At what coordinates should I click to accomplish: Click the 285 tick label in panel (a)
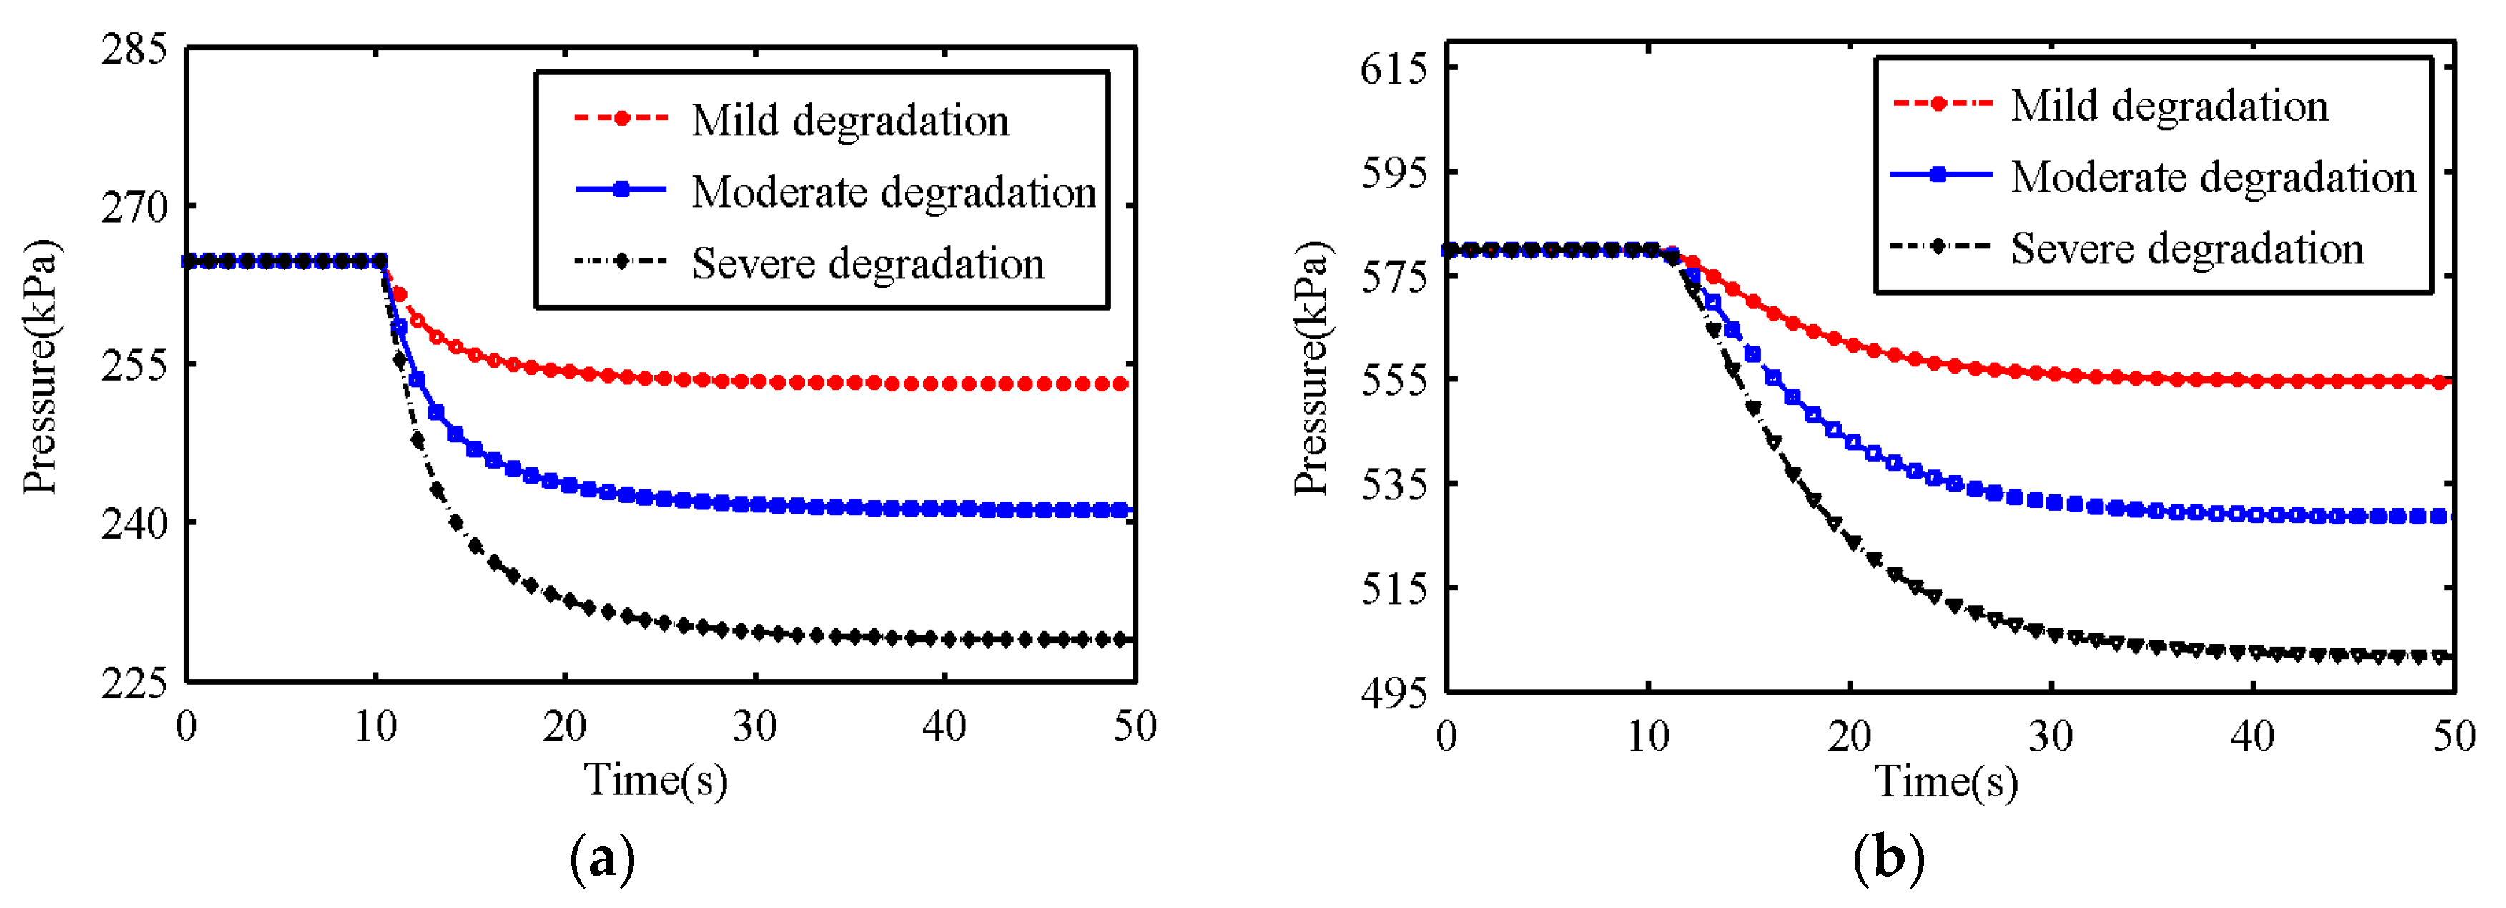(x=134, y=49)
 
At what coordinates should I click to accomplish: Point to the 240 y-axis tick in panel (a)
(x=134, y=524)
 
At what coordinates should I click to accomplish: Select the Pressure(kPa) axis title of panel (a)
(x=41, y=367)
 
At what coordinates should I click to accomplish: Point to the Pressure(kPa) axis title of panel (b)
(x=1311, y=367)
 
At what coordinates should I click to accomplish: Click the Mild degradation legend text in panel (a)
(x=849, y=121)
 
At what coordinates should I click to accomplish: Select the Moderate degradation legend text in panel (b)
(x=2213, y=178)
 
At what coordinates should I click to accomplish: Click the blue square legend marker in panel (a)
(x=621, y=190)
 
